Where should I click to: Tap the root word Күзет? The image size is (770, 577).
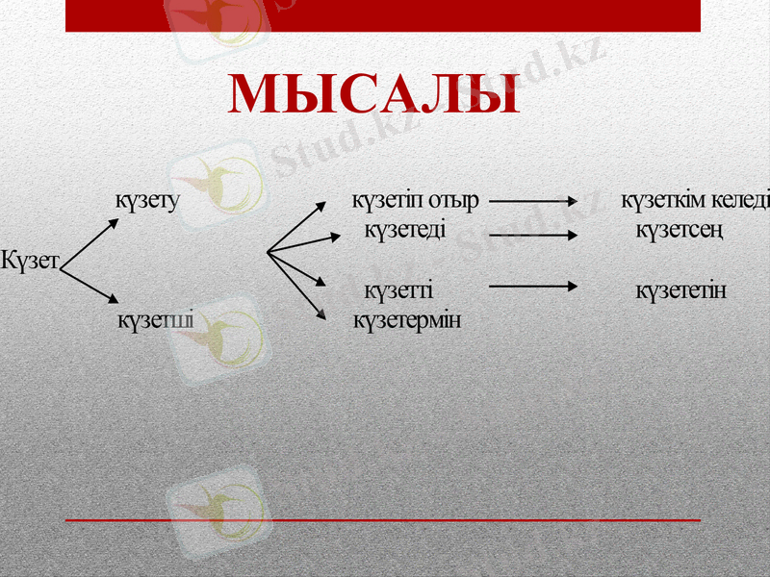click(x=31, y=261)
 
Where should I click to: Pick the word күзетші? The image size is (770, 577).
click(x=154, y=319)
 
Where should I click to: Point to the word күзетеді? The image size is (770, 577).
click(x=404, y=232)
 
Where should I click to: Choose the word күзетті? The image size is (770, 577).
click(x=398, y=290)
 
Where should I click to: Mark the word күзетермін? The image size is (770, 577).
click(x=406, y=319)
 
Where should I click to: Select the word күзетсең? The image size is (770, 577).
click(x=680, y=232)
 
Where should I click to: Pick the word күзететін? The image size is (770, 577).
click(x=680, y=290)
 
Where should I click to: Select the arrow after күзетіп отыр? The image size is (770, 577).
click(x=533, y=203)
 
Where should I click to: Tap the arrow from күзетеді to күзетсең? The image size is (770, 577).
click(x=533, y=233)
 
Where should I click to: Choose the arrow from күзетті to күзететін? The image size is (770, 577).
click(x=533, y=286)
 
